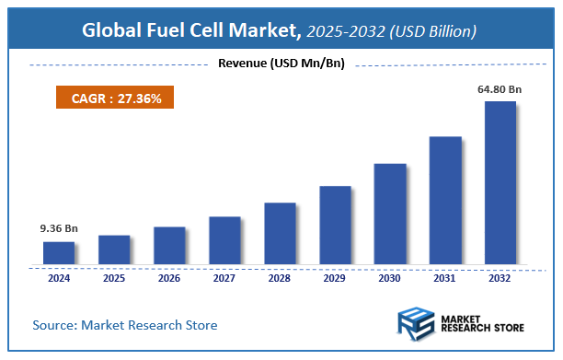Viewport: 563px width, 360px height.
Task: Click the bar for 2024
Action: (59, 253)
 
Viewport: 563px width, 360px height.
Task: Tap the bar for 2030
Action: (390, 215)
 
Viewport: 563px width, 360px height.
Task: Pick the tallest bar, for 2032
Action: (500, 183)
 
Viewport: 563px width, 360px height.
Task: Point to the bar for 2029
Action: (335, 226)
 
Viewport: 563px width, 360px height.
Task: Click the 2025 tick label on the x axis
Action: (114, 277)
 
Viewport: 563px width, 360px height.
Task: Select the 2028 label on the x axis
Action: (280, 277)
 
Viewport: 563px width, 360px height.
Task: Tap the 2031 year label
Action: (445, 277)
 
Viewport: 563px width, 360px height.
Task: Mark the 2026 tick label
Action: (169, 277)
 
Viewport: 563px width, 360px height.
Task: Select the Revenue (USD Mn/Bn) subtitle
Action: (281, 64)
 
